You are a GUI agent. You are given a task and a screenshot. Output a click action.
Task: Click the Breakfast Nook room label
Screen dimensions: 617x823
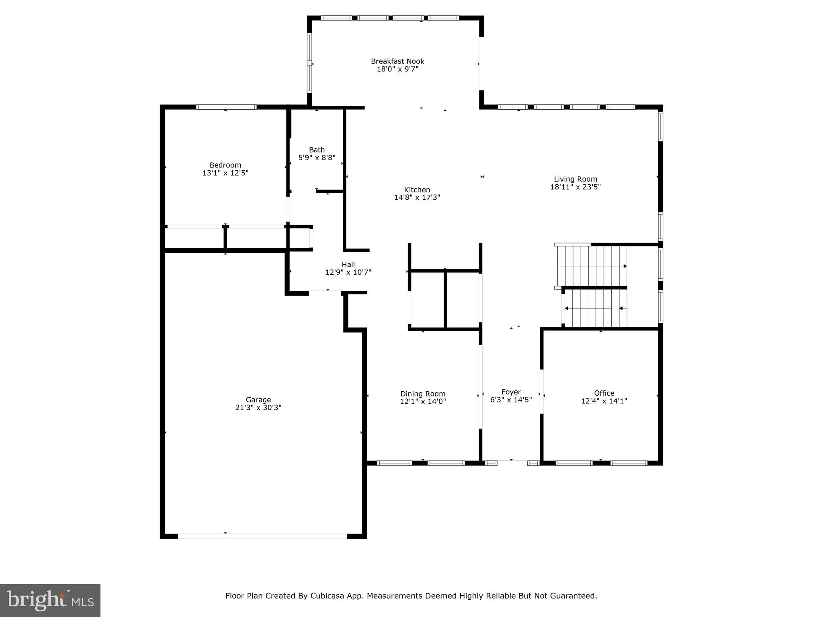coord(397,61)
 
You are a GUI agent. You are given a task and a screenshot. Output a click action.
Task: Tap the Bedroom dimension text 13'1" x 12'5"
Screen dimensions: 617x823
coord(225,173)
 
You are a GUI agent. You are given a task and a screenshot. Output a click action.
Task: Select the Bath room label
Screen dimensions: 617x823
coord(317,150)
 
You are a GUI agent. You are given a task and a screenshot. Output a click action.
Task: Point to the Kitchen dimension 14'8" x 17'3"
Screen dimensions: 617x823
coord(417,198)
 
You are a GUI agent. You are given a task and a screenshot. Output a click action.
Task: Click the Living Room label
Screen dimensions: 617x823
coord(575,179)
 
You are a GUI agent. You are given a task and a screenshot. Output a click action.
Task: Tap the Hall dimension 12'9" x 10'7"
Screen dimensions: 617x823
coord(348,272)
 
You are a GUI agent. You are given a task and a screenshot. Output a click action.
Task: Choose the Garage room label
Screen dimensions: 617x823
coord(258,400)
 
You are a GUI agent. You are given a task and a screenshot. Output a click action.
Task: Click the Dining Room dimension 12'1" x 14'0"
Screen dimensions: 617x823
coord(423,401)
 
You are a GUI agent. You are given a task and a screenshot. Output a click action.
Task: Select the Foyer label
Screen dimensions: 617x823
coord(511,392)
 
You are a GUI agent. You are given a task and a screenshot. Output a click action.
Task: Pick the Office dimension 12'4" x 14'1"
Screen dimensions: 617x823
coord(604,401)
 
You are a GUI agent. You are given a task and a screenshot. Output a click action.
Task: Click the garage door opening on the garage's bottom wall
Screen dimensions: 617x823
coord(262,536)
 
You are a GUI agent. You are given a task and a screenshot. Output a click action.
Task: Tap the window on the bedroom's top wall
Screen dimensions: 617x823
coord(226,107)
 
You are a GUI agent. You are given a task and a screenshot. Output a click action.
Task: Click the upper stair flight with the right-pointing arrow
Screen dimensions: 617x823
coord(591,266)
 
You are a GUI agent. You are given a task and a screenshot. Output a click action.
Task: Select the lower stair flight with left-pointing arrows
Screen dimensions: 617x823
coord(595,308)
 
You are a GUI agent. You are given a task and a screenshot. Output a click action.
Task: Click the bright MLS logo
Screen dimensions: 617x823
coord(50,600)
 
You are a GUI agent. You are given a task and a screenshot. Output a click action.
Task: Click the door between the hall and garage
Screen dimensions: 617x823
coord(325,293)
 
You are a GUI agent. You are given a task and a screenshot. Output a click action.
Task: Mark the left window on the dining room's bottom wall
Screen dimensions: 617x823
coord(395,463)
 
